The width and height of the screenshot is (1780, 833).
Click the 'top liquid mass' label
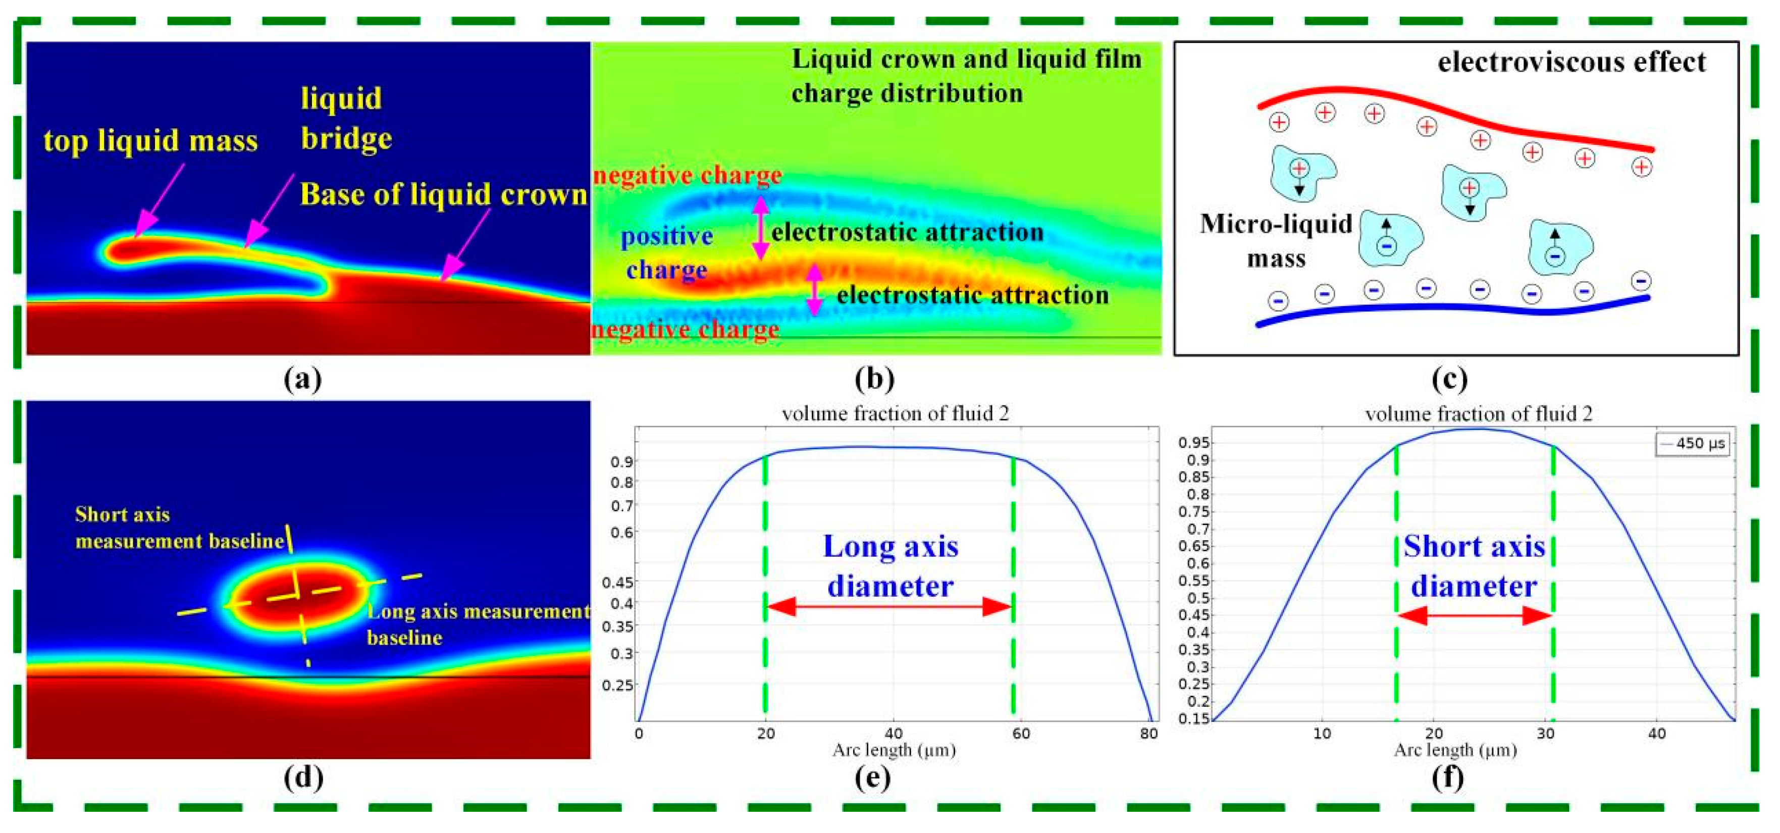[150, 140]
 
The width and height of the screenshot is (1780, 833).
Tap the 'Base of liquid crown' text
[443, 194]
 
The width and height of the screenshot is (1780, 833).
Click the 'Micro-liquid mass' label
[1276, 241]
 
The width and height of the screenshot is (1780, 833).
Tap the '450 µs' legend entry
[1694, 443]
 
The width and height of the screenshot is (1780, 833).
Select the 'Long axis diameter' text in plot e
[890, 566]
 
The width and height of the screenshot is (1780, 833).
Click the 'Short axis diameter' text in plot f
[1474, 566]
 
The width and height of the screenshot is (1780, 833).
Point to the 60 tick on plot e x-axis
[1021, 734]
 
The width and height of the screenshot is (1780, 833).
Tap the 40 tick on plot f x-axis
[1656, 734]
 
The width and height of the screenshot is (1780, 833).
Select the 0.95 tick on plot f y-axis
[1193, 442]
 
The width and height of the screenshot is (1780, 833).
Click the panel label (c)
[1449, 379]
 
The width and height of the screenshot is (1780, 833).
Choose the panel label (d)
[303, 777]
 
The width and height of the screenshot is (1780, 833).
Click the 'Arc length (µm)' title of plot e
[894, 750]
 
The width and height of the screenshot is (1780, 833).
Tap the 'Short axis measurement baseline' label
[180, 528]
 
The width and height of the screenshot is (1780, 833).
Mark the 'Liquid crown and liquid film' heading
[966, 60]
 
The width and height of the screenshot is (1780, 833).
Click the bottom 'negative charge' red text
[686, 329]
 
